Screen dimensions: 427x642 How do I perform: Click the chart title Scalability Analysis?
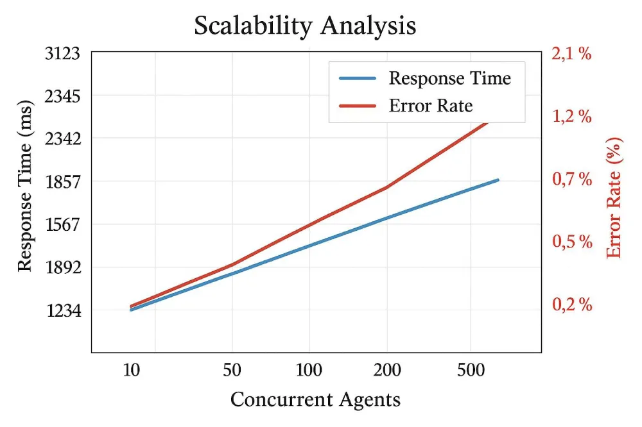(x=305, y=26)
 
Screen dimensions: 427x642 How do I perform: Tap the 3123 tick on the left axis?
(x=62, y=54)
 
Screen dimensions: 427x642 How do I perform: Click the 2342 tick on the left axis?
(x=62, y=138)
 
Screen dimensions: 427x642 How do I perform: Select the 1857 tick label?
(x=62, y=181)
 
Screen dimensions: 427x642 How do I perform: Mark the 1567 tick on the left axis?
(x=62, y=224)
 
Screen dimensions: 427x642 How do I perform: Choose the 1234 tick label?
(x=62, y=311)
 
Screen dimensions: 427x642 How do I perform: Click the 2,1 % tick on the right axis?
(x=571, y=54)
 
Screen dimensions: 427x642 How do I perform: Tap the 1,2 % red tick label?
(x=571, y=117)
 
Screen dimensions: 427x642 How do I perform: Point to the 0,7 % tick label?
(x=571, y=179)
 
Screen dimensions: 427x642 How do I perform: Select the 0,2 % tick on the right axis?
(x=571, y=305)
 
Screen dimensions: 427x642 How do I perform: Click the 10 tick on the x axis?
(x=131, y=370)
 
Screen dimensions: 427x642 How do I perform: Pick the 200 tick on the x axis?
(x=387, y=370)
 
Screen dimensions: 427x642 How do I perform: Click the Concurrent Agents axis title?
(x=315, y=399)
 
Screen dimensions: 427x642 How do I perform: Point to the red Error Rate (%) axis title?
(x=614, y=197)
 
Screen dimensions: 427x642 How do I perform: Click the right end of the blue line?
(x=498, y=180)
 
